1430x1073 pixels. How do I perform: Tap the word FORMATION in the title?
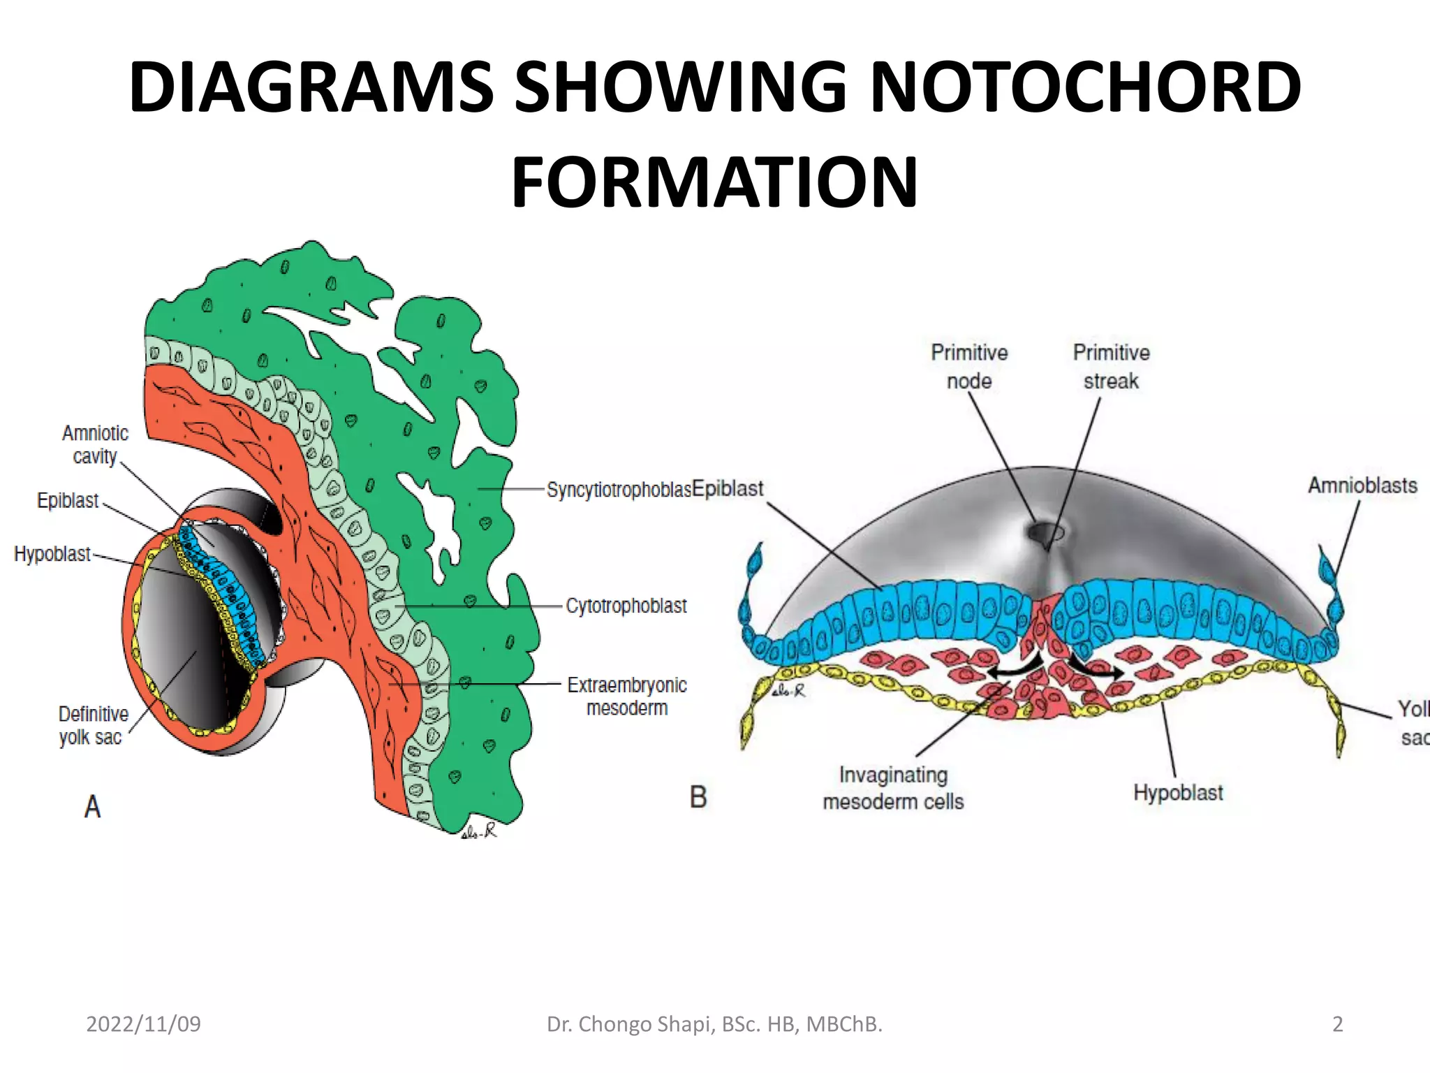[x=714, y=183]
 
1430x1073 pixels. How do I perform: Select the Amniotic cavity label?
[x=95, y=444]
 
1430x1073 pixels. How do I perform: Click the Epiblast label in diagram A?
[x=68, y=501]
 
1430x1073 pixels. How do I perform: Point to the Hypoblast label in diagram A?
[x=52, y=554]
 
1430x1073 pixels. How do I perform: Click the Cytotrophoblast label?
[x=626, y=606]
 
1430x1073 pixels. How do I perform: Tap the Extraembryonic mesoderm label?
[x=626, y=696]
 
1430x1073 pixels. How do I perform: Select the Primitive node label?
[x=969, y=367]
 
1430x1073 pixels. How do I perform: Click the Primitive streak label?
[x=1111, y=367]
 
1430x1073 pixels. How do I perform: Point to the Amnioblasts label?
[x=1362, y=486]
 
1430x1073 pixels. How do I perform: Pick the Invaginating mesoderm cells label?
[x=893, y=788]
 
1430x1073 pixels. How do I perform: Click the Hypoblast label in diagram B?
[x=1178, y=793]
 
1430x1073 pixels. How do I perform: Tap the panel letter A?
[x=92, y=806]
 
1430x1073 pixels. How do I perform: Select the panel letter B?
[x=698, y=797]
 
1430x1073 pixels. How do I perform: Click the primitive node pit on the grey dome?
[x=1045, y=534]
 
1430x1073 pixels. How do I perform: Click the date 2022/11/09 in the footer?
[x=143, y=1024]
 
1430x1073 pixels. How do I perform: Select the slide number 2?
[x=1337, y=1024]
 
